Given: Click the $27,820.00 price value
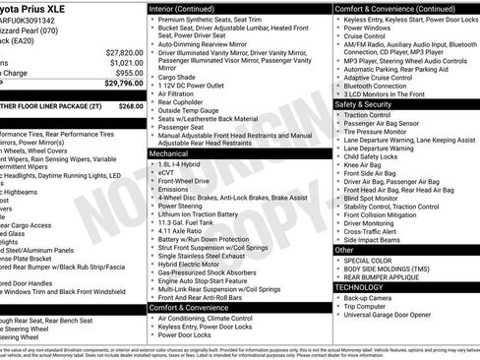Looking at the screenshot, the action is point(123,51).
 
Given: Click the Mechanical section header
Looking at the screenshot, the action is point(170,153).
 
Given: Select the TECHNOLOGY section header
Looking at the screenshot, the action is point(363,287).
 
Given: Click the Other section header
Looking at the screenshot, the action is point(344,250).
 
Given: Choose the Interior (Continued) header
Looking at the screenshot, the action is point(189,8).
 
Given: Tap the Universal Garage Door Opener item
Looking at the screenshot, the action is point(394,316).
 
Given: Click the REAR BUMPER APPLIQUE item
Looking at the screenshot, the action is point(386,277).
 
